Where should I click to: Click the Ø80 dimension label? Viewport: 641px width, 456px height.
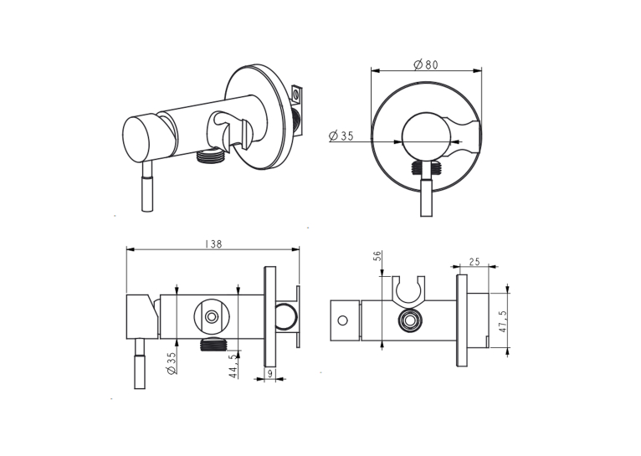coord(426,64)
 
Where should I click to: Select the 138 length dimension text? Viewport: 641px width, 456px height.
coord(213,244)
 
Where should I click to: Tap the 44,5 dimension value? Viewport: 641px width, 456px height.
coord(233,366)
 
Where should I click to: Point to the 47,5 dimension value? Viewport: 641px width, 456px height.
coord(503,321)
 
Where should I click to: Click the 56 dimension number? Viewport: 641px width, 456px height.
coord(377,256)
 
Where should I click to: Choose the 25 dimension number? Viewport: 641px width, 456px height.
coord(474,262)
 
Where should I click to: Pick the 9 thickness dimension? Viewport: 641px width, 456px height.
coord(269,373)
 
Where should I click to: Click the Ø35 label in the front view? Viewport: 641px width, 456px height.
coord(341,136)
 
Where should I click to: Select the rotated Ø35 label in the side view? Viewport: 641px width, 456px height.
coord(172,363)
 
